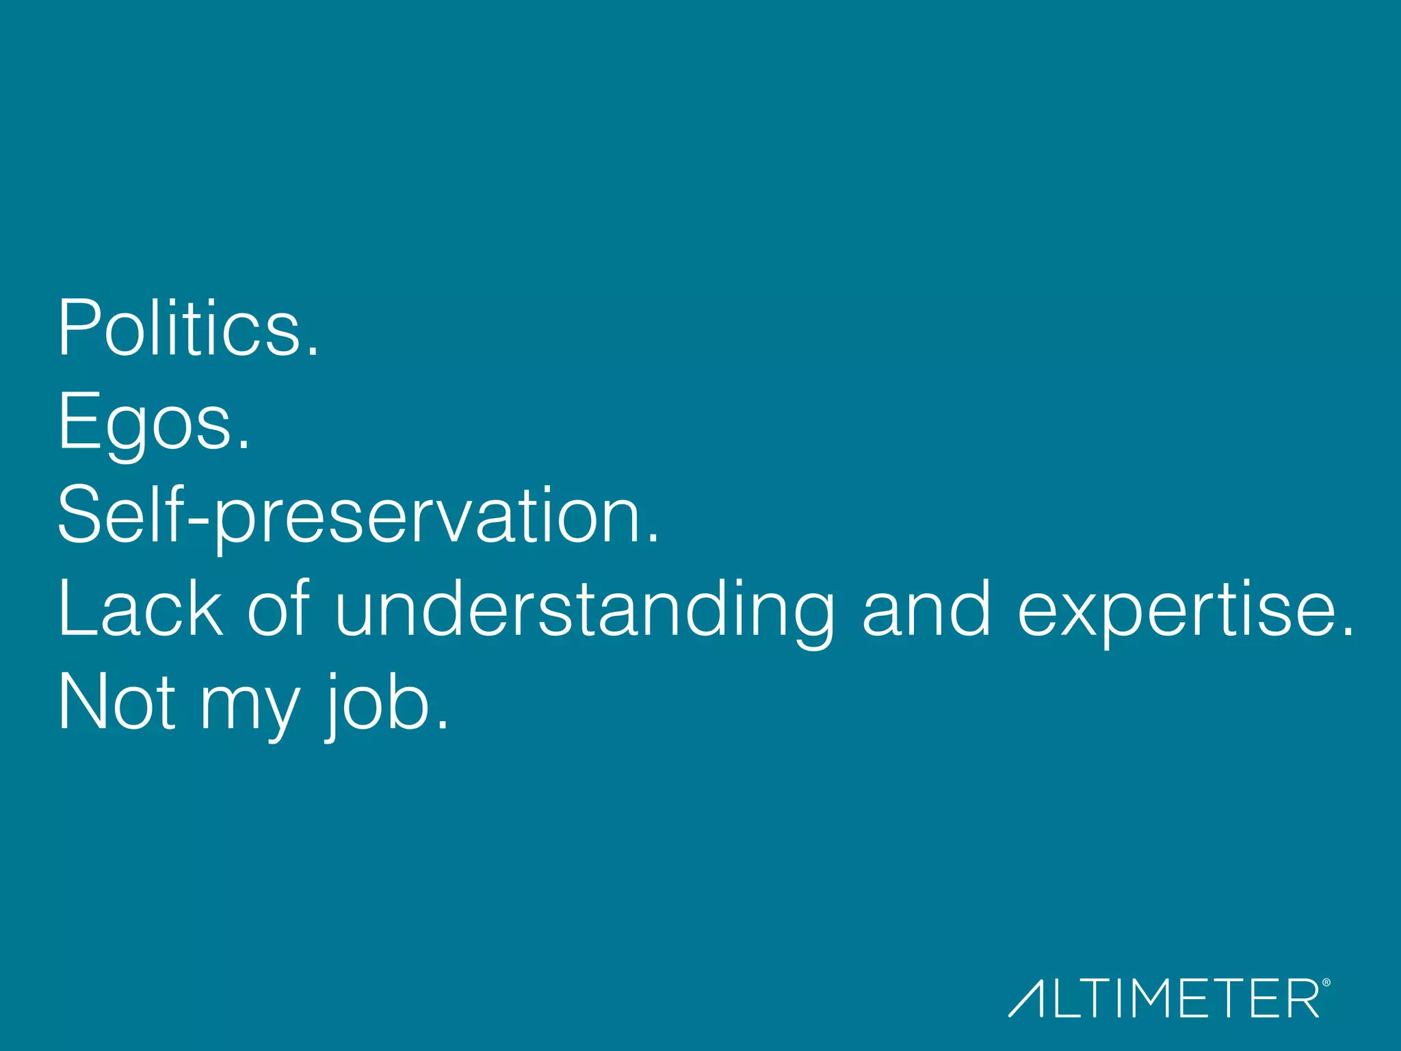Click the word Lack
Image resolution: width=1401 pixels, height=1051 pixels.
point(140,608)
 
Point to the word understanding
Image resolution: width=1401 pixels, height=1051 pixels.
point(585,610)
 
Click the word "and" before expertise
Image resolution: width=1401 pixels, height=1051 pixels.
point(926,608)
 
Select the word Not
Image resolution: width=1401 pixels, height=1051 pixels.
point(117,702)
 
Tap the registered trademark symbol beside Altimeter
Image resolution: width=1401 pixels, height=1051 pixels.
point(1326,983)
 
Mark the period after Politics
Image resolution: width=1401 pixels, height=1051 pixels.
point(313,350)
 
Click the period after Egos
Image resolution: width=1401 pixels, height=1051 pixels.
point(244,445)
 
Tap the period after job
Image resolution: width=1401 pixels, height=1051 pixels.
point(443,725)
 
